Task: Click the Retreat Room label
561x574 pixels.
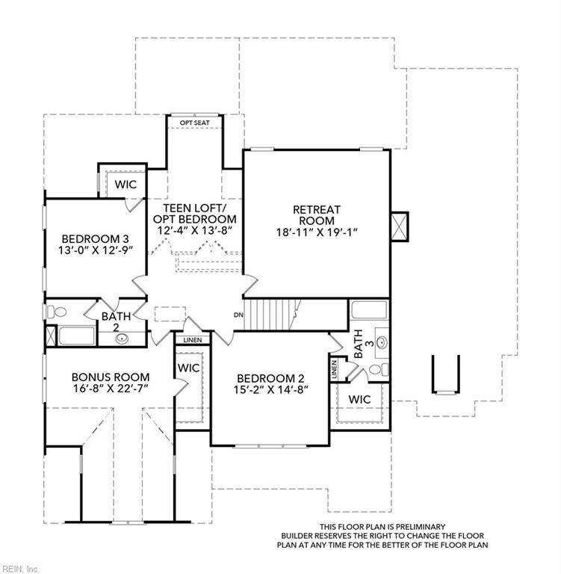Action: click(317, 215)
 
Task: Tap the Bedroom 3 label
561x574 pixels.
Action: click(95, 239)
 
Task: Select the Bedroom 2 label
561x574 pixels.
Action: click(270, 378)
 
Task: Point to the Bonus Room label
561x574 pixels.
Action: click(111, 377)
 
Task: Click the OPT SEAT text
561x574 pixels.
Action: click(195, 123)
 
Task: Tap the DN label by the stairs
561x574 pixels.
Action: click(238, 315)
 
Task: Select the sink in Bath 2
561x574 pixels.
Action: click(122, 339)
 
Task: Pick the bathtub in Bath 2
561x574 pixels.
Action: click(76, 336)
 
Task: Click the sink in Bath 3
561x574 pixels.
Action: click(382, 343)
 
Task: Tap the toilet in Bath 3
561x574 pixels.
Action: click(379, 369)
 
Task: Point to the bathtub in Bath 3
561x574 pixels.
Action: click(369, 310)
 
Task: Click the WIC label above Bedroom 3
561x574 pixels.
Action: click(125, 185)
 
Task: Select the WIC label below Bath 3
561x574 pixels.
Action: click(360, 399)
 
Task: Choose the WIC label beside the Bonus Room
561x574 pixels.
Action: click(189, 368)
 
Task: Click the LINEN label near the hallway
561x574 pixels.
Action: click(193, 340)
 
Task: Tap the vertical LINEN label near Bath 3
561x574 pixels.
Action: click(334, 369)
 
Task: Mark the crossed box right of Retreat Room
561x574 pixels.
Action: click(400, 226)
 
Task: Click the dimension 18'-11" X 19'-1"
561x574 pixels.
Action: click(317, 232)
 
